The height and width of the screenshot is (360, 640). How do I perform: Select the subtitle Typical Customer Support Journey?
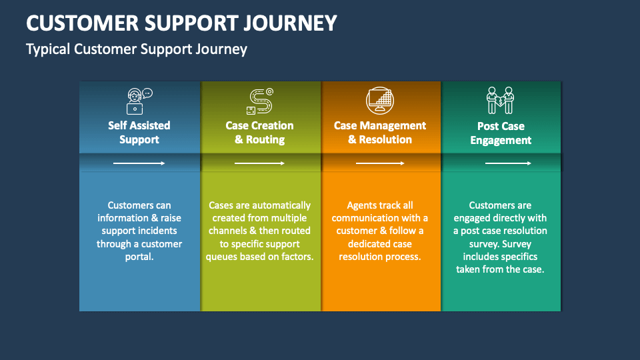point(137,49)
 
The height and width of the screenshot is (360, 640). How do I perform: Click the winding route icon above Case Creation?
point(259,101)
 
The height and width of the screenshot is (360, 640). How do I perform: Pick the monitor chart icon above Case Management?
point(380,101)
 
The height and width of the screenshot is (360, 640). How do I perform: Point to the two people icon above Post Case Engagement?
point(500,101)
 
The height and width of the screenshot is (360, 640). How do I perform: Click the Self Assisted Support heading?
point(139,132)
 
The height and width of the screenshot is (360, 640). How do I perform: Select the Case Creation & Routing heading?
point(259,132)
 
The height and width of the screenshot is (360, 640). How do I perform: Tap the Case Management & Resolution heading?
point(380,132)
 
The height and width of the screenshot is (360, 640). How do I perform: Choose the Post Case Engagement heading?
point(501,133)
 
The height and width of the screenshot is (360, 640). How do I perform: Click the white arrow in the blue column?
point(139,163)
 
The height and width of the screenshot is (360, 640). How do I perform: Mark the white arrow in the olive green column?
point(259,163)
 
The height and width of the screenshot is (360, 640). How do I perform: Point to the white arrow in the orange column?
point(380,163)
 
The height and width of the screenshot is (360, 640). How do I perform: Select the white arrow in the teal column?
point(507,163)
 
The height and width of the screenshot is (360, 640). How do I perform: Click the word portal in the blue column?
point(139,257)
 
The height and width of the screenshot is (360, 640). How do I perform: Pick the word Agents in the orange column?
point(362,205)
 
